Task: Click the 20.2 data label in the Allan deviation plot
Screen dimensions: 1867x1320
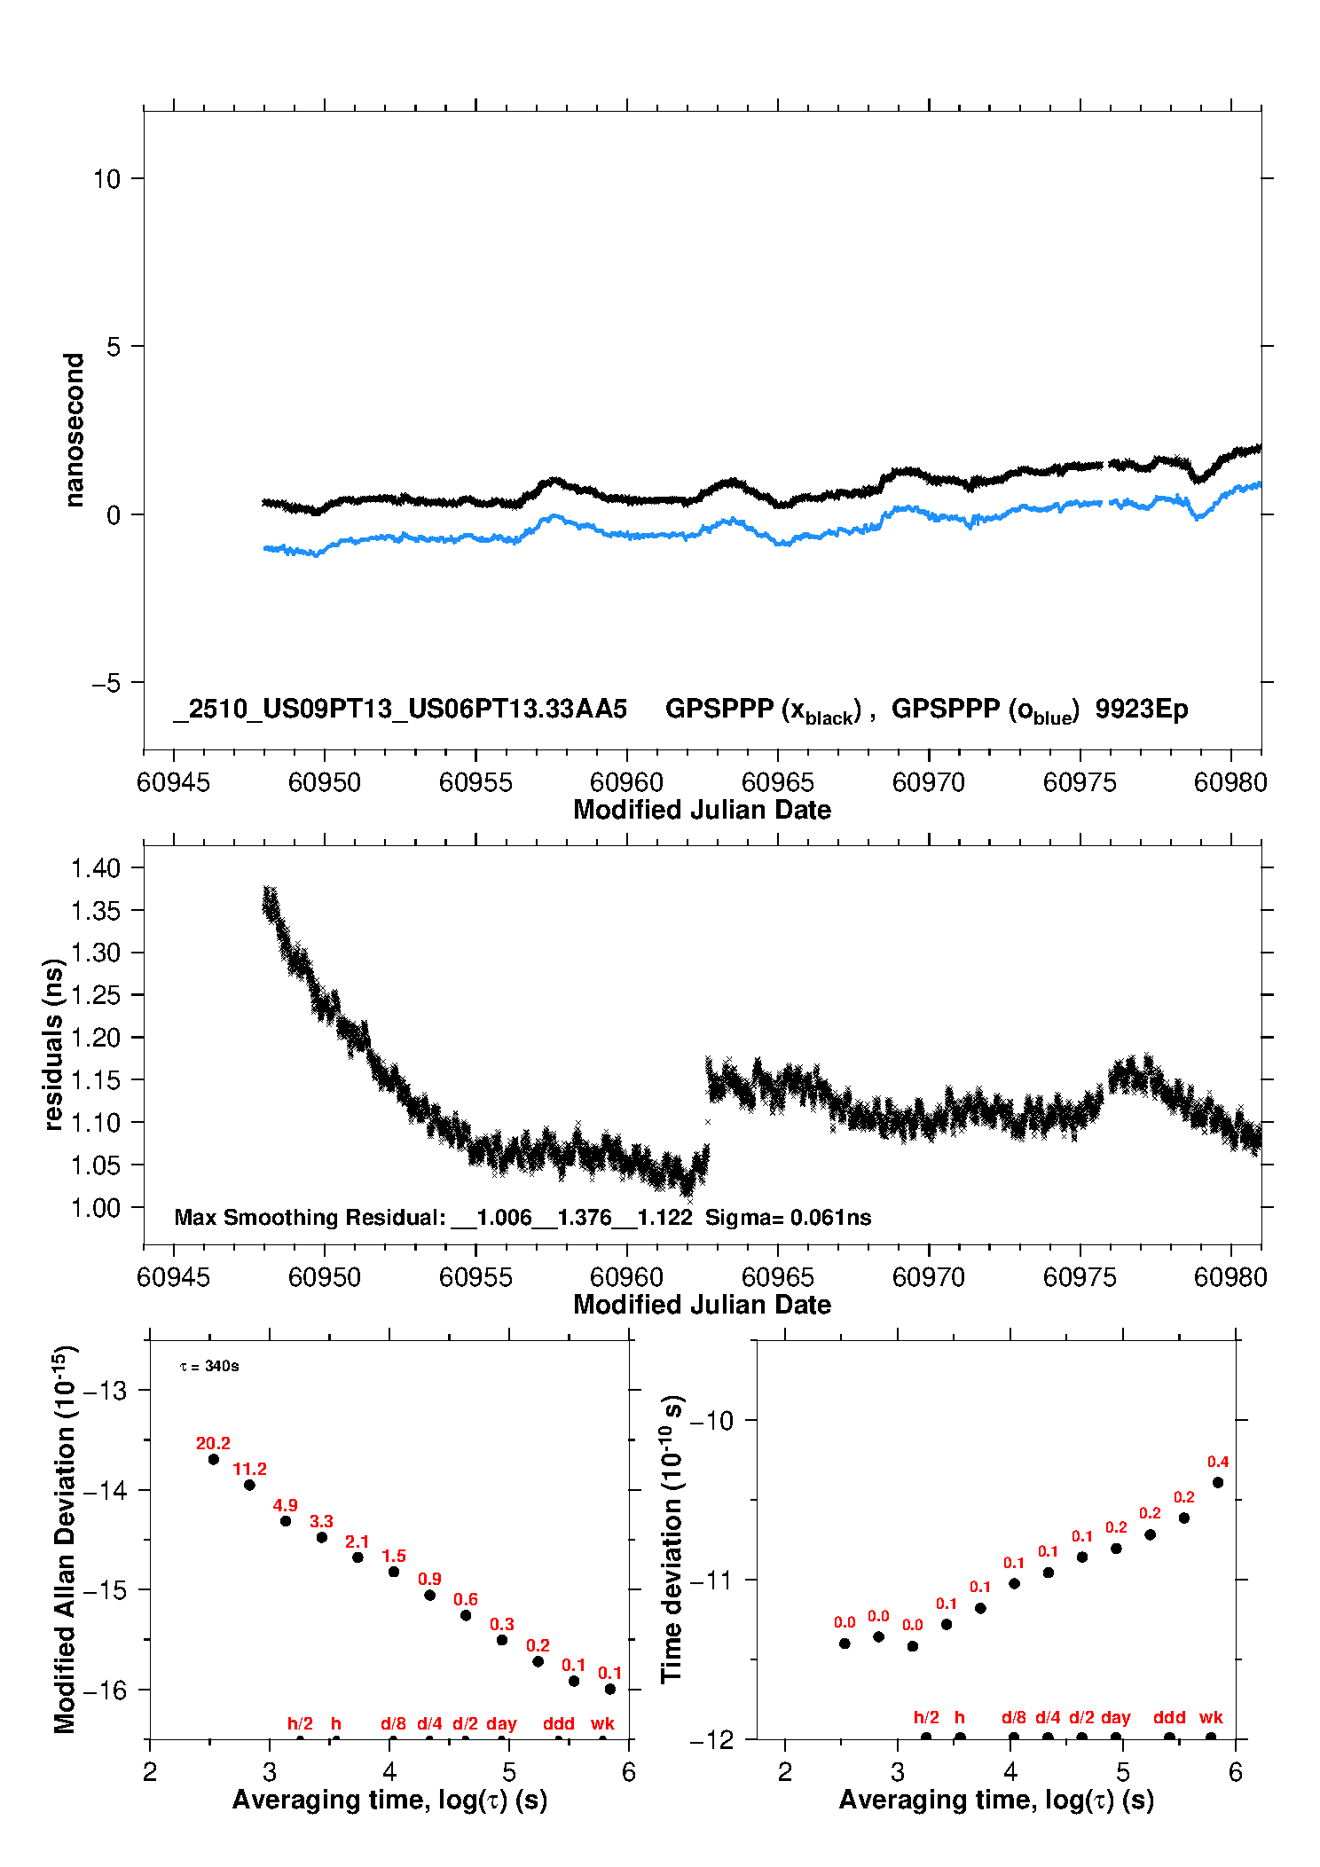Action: (213, 1443)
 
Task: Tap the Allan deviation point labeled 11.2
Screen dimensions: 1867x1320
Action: (249, 1485)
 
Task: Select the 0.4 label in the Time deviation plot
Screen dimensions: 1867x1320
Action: (1218, 1462)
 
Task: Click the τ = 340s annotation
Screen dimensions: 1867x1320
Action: (209, 1366)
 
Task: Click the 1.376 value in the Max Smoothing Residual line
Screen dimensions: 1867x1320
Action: (585, 1217)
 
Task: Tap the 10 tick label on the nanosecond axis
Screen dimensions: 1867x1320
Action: (106, 179)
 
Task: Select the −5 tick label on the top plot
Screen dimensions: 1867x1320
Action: (106, 683)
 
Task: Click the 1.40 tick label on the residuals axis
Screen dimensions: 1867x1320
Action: (96, 867)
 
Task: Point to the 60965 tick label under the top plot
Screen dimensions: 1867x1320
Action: (777, 782)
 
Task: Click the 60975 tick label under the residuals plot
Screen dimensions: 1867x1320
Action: (1080, 1277)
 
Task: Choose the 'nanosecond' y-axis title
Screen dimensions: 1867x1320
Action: (74, 430)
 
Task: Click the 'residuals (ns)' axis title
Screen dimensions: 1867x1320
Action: (53, 1044)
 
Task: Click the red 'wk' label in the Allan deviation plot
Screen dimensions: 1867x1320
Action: (602, 1723)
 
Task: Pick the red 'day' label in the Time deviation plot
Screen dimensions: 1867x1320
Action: (1115, 1717)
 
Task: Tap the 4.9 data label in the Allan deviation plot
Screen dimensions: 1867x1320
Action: (285, 1505)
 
